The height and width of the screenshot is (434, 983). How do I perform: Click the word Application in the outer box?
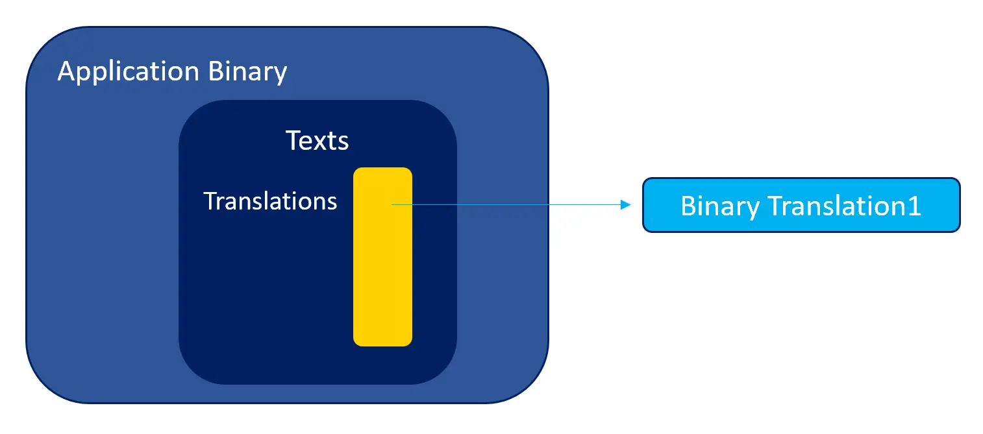click(130, 71)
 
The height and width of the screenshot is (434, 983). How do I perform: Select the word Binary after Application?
click(247, 71)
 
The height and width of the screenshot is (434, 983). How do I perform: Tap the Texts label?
click(317, 140)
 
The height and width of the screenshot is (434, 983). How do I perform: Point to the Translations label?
click(270, 201)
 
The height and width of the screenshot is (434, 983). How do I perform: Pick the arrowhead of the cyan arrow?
click(626, 205)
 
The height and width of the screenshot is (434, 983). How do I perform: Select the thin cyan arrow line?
click(506, 205)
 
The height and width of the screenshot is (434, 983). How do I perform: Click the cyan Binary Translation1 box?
click(801, 205)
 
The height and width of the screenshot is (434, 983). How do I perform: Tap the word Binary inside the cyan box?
click(720, 206)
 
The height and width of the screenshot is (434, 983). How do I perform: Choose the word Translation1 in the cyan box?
click(844, 206)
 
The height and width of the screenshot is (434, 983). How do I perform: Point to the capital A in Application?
click(66, 71)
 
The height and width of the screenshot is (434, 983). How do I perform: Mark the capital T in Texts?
click(293, 140)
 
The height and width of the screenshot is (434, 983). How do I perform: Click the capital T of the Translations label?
click(210, 201)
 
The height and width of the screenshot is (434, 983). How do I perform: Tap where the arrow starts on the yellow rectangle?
click(392, 205)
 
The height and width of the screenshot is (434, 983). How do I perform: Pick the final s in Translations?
click(332, 202)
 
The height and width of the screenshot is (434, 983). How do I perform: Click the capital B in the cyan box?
click(687, 206)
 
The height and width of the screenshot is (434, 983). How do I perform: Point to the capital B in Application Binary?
click(216, 71)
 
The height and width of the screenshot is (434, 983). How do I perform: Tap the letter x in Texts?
click(323, 142)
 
